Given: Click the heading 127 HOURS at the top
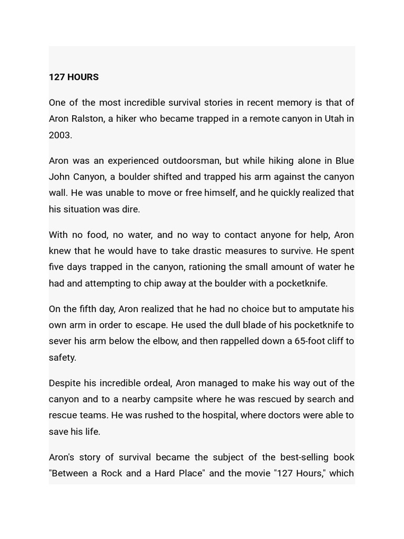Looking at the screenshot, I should pyautogui.click(x=74, y=77).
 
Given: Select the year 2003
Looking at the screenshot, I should pyautogui.click(x=59, y=135).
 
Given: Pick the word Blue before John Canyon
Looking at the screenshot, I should pyautogui.click(x=344, y=161).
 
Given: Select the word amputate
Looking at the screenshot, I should pyautogui.click(x=319, y=308).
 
